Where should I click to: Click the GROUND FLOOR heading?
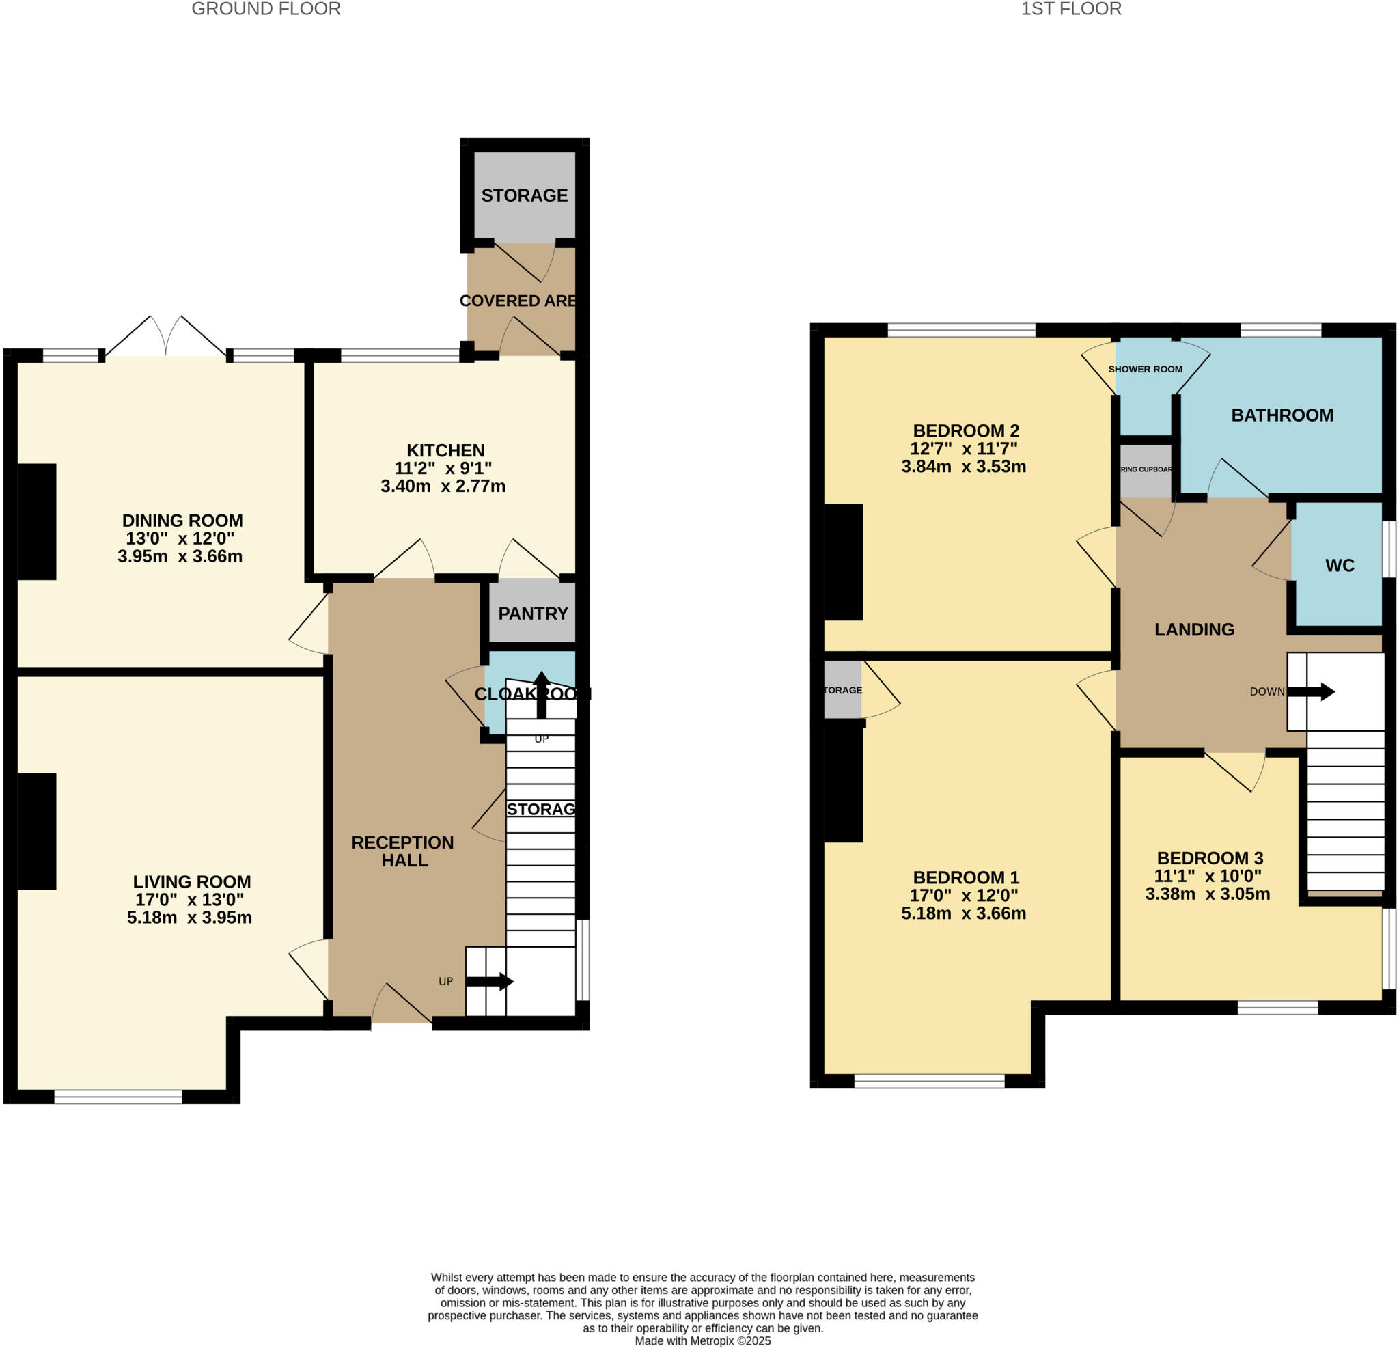pyautogui.click(x=266, y=10)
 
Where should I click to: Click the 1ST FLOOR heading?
pyautogui.click(x=1070, y=10)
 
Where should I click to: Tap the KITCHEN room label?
pyautogui.click(x=445, y=450)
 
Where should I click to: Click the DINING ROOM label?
pyautogui.click(x=182, y=521)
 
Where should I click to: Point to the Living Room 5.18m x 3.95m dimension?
pyautogui.click(x=189, y=918)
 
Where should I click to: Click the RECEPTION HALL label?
pyautogui.click(x=403, y=851)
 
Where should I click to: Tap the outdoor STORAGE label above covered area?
pyautogui.click(x=524, y=195)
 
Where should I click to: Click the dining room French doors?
pyautogui.click(x=166, y=338)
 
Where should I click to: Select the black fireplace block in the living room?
pyautogui.click(x=36, y=831)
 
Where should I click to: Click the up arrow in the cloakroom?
pyautogui.click(x=541, y=693)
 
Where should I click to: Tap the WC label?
pyautogui.click(x=1339, y=566)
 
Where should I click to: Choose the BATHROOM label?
pyautogui.click(x=1282, y=415)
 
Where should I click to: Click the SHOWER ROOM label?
pyautogui.click(x=1145, y=369)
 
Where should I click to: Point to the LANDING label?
pyautogui.click(x=1194, y=629)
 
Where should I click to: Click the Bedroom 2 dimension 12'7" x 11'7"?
pyautogui.click(x=963, y=448)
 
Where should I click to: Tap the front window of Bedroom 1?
pyautogui.click(x=928, y=1082)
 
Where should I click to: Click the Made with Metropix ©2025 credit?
pyautogui.click(x=702, y=1341)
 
